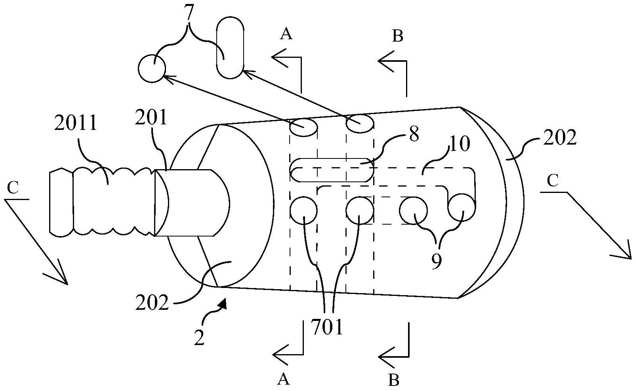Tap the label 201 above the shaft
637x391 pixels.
click(x=151, y=117)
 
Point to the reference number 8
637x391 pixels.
click(x=414, y=134)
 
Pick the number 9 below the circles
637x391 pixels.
click(x=436, y=261)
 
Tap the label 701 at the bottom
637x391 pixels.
click(x=327, y=327)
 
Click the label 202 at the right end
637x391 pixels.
click(x=560, y=137)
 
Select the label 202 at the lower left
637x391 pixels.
click(x=152, y=303)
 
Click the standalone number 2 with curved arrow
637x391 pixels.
click(x=199, y=338)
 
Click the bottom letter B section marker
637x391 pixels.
click(x=394, y=380)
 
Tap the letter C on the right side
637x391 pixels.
click(x=553, y=181)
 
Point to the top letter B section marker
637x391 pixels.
click(x=398, y=36)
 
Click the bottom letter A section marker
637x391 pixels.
click(x=283, y=380)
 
